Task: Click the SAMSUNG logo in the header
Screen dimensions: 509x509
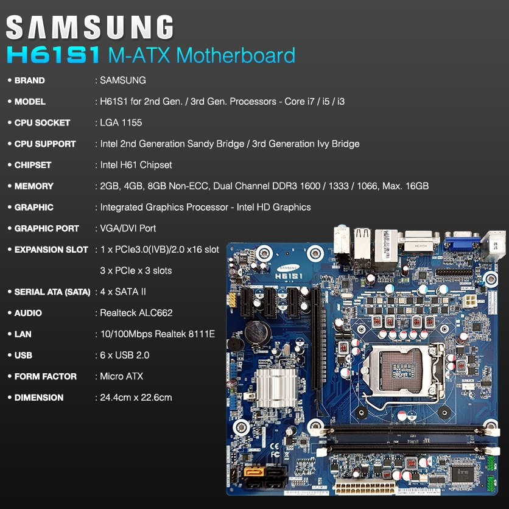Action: [x=90, y=28]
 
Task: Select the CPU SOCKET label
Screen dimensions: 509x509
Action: [x=42, y=122]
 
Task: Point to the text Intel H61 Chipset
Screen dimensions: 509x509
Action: [x=136, y=165]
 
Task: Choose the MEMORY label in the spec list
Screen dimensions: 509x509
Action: [x=34, y=186]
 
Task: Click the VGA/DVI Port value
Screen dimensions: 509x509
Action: [x=128, y=228]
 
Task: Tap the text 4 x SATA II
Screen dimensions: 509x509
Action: [x=123, y=292]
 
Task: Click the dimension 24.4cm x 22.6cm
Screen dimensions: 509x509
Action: [x=136, y=398]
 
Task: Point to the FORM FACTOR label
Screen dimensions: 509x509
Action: [x=46, y=376]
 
